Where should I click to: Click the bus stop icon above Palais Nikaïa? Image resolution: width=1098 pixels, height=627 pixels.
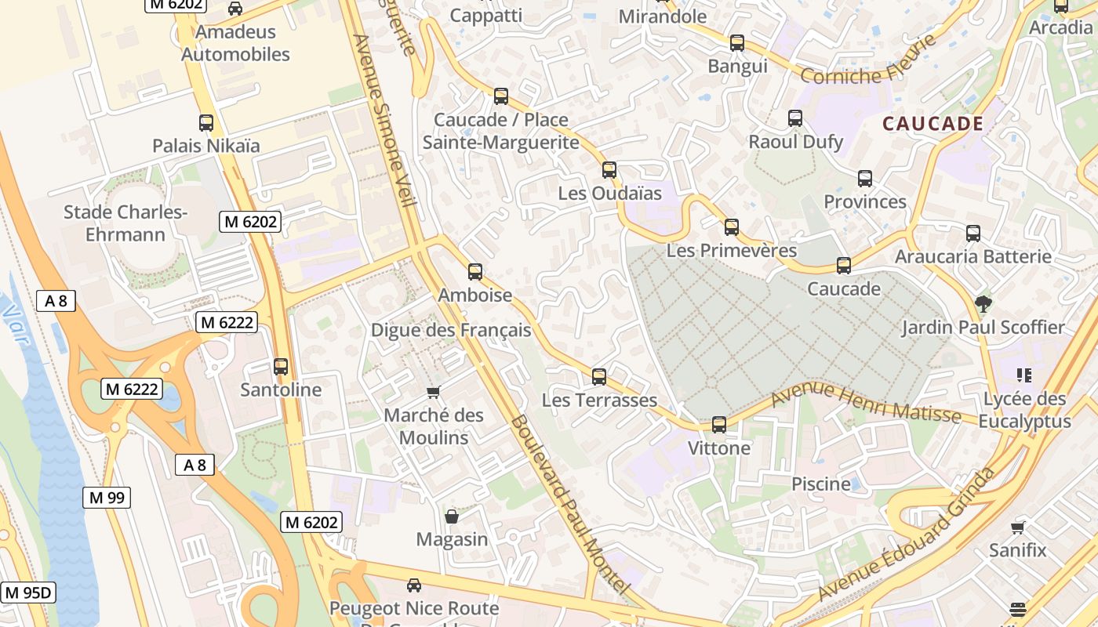[206, 123]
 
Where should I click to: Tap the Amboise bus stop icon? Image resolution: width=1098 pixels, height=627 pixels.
[475, 272]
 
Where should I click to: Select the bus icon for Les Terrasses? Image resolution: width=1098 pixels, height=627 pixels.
[599, 377]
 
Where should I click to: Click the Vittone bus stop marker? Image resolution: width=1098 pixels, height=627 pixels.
[719, 425]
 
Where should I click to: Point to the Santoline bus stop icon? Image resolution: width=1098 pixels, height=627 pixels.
[281, 366]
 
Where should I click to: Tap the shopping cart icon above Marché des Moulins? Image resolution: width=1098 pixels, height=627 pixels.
[433, 392]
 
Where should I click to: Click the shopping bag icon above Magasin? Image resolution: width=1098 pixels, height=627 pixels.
[452, 516]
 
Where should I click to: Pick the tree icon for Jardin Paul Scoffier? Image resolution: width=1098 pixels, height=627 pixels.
[982, 303]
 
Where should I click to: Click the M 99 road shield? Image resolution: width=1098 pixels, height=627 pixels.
[107, 497]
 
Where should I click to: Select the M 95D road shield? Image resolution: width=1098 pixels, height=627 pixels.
[28, 592]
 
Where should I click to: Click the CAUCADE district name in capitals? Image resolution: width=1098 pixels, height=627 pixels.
[933, 124]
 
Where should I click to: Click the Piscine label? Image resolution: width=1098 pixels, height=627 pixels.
[820, 484]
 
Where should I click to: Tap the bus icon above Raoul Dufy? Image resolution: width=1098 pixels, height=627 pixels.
[795, 118]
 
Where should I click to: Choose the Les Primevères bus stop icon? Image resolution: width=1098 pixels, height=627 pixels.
[732, 227]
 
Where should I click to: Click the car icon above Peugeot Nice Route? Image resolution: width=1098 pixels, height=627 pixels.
[414, 585]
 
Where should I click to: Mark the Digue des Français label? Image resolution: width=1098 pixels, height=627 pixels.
[451, 330]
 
